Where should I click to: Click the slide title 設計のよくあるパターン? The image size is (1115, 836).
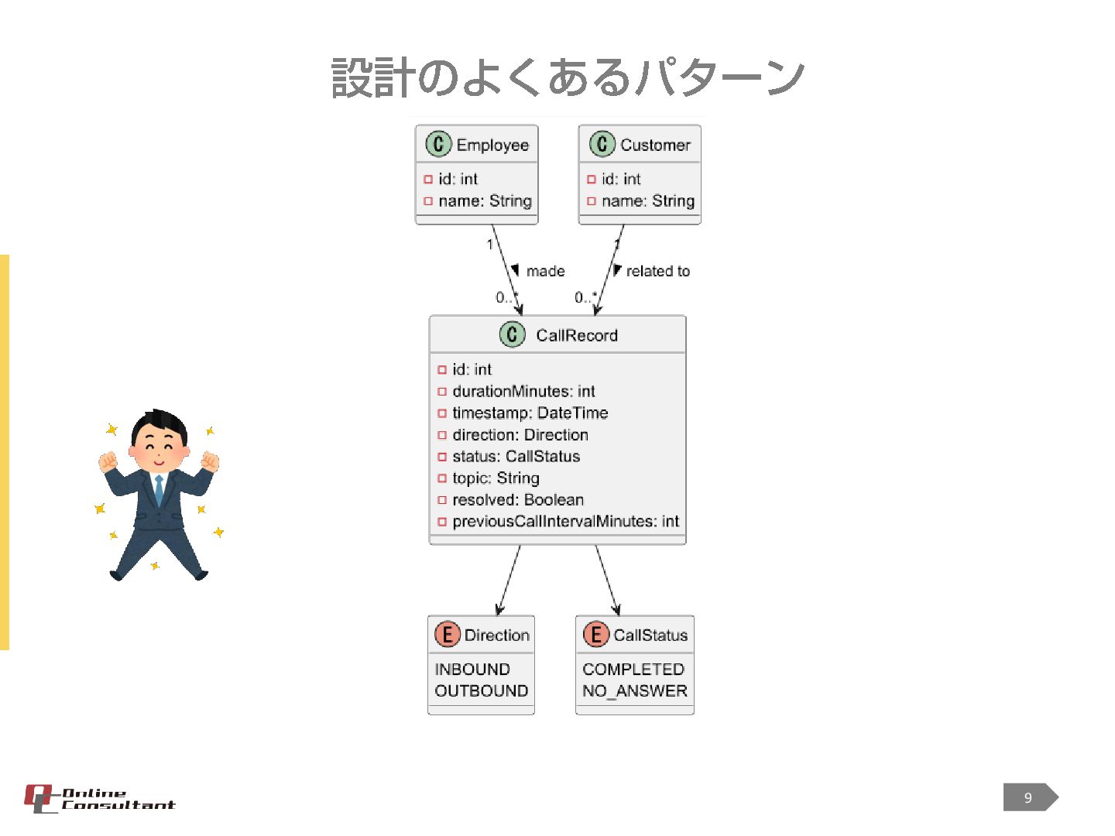(568, 78)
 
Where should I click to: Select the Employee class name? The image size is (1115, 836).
(492, 145)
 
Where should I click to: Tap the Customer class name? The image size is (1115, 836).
(655, 145)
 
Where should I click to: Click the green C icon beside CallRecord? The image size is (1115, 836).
(512, 334)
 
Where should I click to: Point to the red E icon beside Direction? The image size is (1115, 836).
(447, 635)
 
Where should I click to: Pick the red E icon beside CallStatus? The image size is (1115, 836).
(595, 635)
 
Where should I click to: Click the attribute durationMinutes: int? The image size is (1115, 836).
(523, 391)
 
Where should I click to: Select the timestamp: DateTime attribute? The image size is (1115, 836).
(530, 413)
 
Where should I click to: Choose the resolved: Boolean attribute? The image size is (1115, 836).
(517, 499)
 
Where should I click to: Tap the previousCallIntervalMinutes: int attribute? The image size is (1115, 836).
(565, 521)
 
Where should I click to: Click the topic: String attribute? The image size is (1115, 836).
(496, 478)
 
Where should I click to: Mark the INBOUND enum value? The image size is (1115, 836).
(472, 669)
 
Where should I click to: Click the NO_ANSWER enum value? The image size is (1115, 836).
(635, 690)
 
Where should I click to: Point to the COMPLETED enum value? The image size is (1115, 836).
(633, 669)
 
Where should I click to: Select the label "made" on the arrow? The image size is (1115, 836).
(545, 271)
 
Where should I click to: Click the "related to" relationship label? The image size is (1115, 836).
(657, 271)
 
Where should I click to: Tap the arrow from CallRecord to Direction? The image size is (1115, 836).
(509, 581)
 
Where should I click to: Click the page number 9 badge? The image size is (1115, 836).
(1029, 797)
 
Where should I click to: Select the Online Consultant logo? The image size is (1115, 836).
(99, 799)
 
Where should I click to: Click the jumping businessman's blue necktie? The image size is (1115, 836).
(160, 490)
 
